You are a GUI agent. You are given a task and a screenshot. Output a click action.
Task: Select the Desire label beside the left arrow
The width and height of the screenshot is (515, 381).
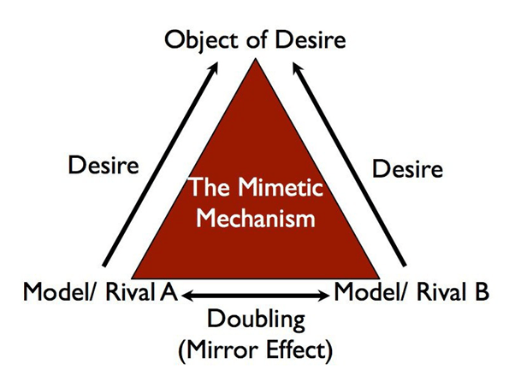pos(104,165)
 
